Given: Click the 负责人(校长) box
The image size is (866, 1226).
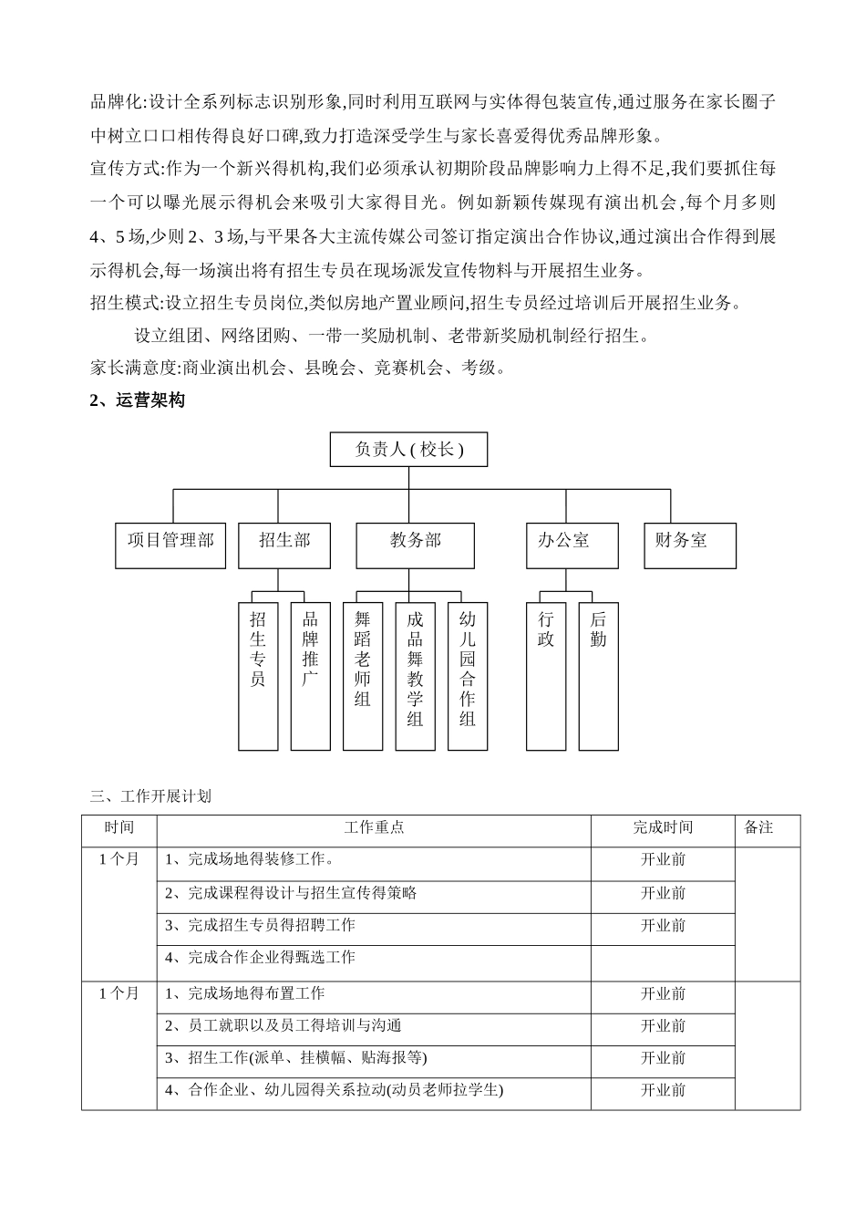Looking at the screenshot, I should (408, 449).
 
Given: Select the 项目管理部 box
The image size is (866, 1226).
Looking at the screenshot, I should (170, 545).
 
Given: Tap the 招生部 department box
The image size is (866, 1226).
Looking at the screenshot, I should (284, 545).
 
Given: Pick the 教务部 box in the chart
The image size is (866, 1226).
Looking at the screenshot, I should (416, 545).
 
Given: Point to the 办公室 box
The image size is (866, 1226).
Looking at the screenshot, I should (572, 545).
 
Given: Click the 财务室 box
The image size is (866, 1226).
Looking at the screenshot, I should (690, 545).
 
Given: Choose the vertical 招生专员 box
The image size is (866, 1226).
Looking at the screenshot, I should (258, 675).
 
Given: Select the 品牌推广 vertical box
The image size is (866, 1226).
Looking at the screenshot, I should (310, 675).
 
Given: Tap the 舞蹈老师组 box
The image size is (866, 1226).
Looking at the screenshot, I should (363, 675).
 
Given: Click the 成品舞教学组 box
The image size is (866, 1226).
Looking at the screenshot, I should (416, 675).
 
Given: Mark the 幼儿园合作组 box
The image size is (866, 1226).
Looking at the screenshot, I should (468, 675).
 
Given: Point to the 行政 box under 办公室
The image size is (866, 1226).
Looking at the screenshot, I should (546, 675).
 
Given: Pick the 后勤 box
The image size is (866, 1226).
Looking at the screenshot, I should (598, 675).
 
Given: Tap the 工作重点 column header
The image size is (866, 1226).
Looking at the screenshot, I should (374, 828).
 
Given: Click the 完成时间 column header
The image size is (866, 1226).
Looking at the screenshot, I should (663, 828).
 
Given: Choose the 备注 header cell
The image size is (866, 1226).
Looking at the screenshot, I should (758, 828).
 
